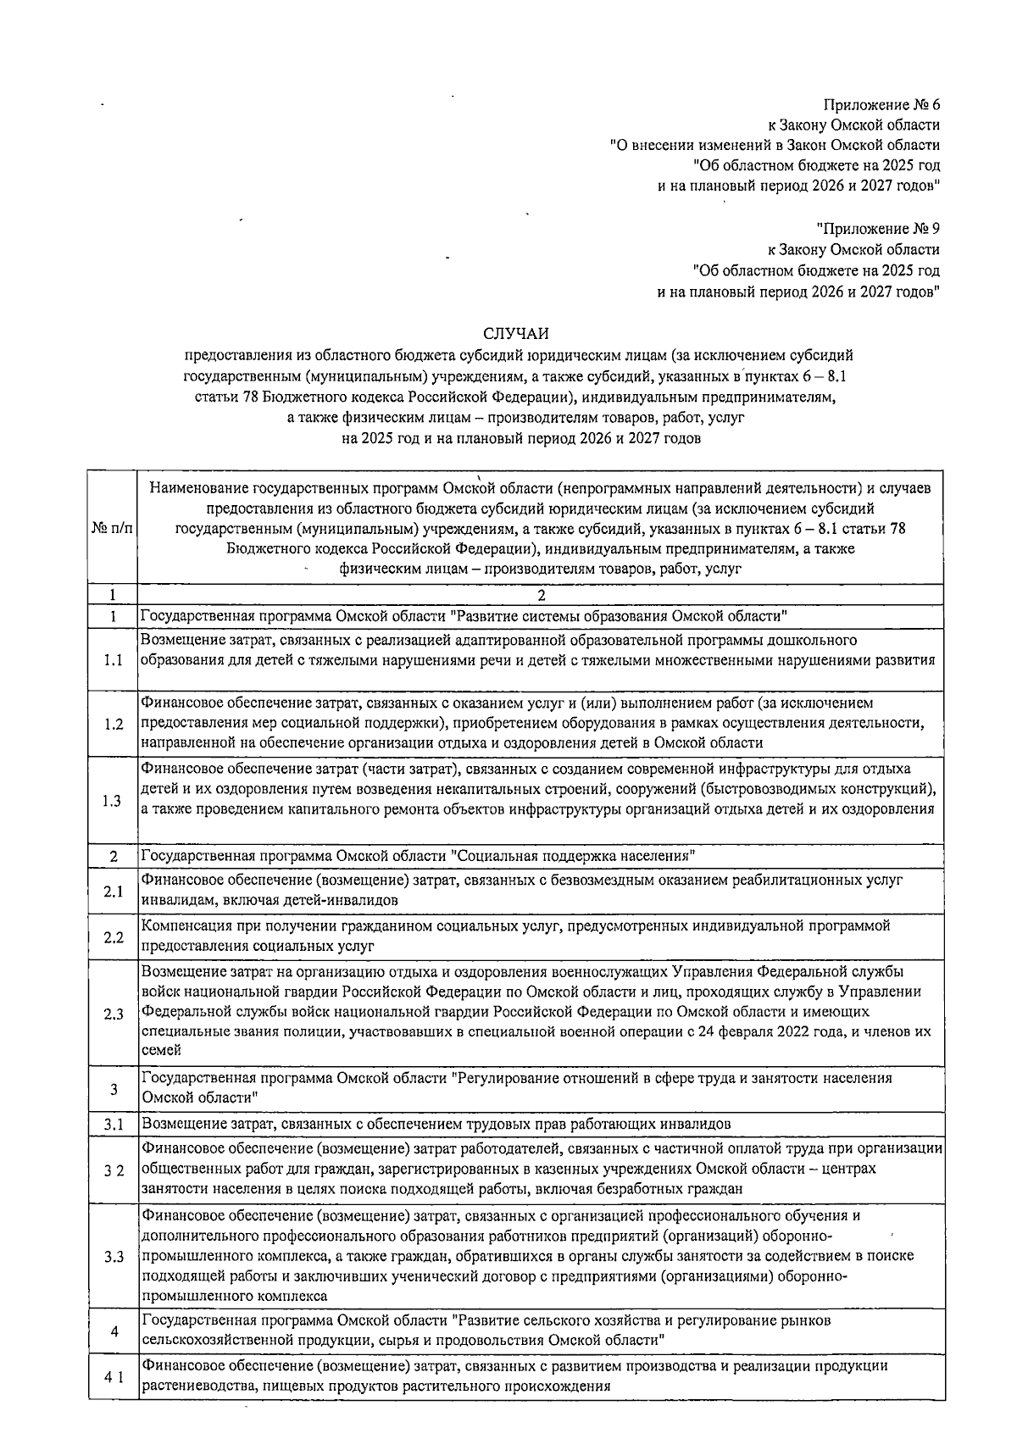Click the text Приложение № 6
tap(881, 106)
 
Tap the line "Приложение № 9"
tap(878, 228)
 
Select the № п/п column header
tap(113, 528)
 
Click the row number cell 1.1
tap(113, 660)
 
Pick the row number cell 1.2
tap(113, 724)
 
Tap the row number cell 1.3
tap(113, 800)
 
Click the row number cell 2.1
tap(113, 891)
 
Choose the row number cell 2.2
tap(113, 936)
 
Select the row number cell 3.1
tap(113, 1125)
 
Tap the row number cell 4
tap(113, 1331)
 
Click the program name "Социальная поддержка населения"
tap(573, 855)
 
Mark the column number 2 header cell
tap(541, 595)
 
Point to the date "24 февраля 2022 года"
tap(781, 1032)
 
